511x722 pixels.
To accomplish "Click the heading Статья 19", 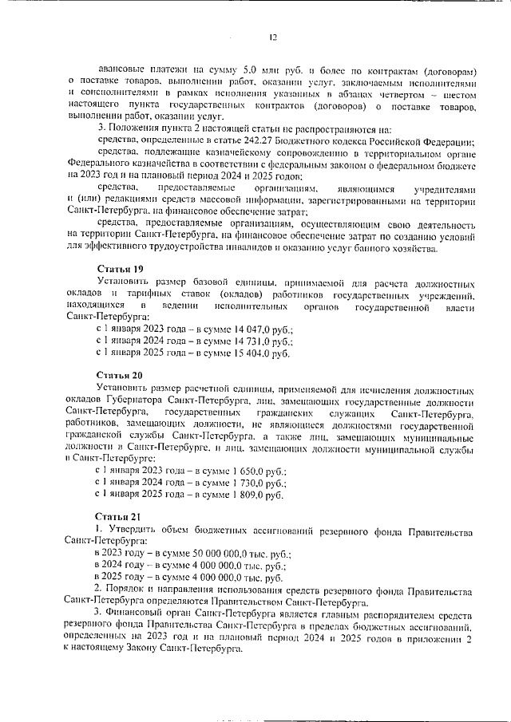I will coord(120,268).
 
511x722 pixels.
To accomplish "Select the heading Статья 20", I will coord(120,374).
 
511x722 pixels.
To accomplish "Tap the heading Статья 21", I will coord(120,516).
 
